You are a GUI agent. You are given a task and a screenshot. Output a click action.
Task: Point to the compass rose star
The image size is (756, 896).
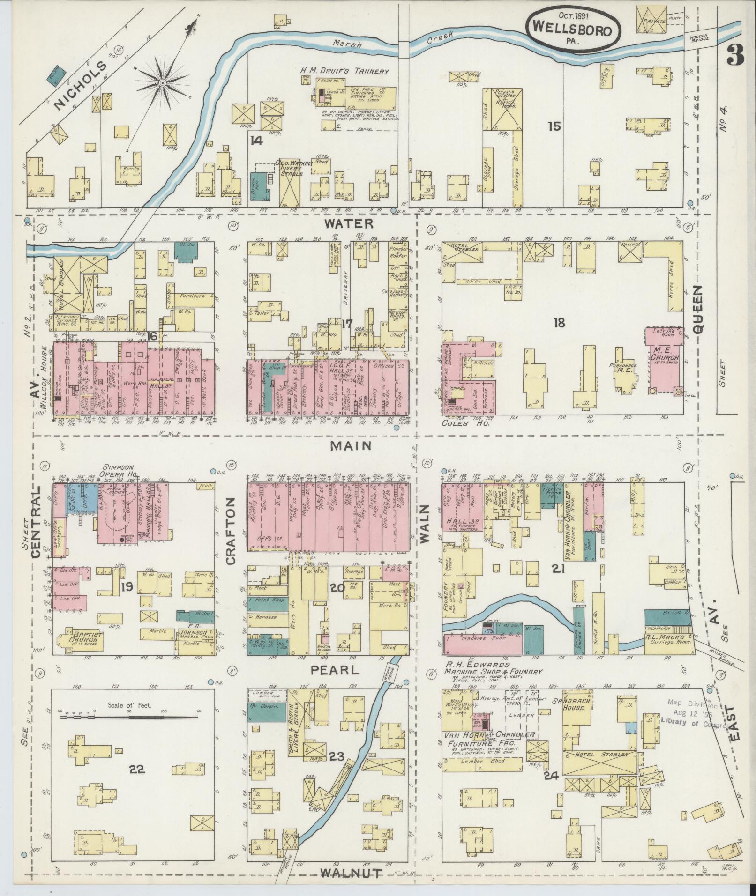162,83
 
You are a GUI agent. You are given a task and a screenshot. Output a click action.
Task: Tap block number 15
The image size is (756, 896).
554,126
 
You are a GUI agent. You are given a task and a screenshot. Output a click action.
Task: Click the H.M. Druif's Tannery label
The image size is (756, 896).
344,72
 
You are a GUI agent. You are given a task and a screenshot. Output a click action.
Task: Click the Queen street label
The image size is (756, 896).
698,309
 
